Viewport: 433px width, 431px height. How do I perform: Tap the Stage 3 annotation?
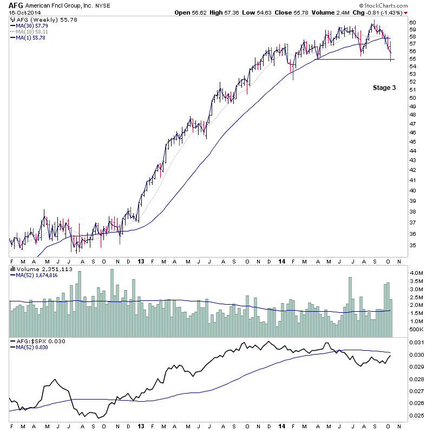tap(384, 87)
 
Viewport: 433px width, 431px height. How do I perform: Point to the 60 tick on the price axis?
tap(413, 22)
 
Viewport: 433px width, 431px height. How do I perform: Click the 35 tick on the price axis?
tap(413, 245)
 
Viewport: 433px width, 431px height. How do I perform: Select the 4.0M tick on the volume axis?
tap(416, 272)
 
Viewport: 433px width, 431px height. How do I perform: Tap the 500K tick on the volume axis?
tap(416, 330)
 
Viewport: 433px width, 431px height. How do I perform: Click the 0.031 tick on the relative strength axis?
tap(417, 343)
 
